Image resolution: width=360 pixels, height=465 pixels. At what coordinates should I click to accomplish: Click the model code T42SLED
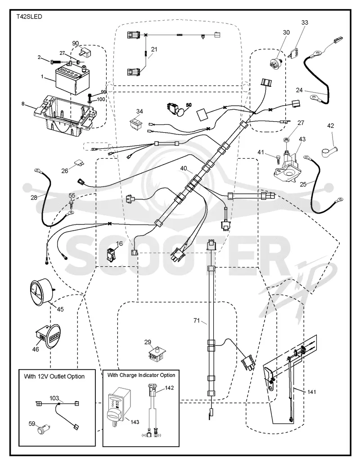pyautogui.click(x=29, y=17)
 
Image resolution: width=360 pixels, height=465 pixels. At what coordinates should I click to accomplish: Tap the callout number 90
pyautogui.click(x=76, y=43)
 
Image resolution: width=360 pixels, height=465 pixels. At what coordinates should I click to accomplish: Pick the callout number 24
pyautogui.click(x=299, y=90)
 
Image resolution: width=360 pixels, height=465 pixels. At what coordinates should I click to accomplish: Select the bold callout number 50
pyautogui.click(x=189, y=105)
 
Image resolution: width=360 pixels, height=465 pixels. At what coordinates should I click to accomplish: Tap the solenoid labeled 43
pyautogui.click(x=286, y=166)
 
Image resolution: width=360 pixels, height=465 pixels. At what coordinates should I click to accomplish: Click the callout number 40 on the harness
pyautogui.click(x=184, y=169)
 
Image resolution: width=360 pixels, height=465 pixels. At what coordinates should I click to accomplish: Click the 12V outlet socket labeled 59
pyautogui.click(x=43, y=429)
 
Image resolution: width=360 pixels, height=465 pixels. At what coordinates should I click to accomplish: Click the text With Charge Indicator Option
pyautogui.click(x=141, y=375)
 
